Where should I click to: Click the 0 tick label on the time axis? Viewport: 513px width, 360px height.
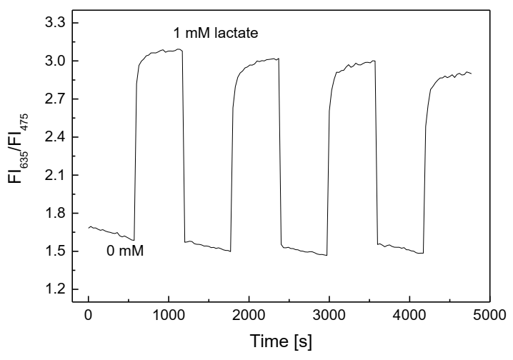coord(88,315)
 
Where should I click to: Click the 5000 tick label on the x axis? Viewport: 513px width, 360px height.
coord(488,315)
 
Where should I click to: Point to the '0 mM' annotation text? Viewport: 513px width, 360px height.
coord(126,251)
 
